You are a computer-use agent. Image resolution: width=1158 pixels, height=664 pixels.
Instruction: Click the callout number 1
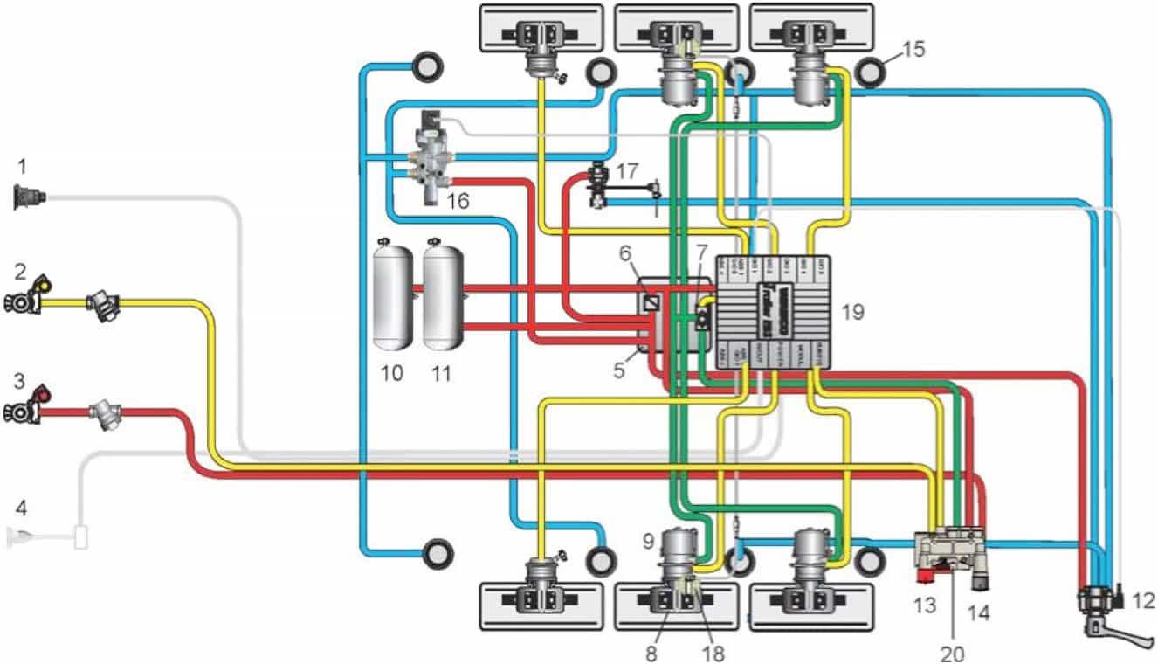[x=24, y=163]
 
